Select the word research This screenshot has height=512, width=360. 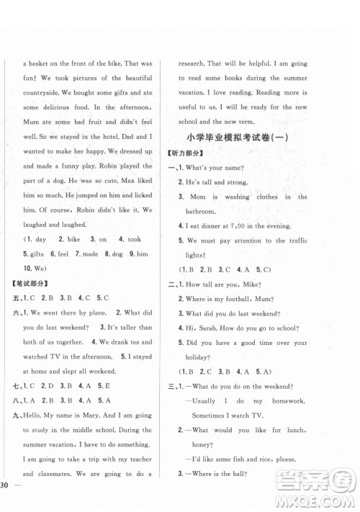pyautogui.click(x=200, y=63)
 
